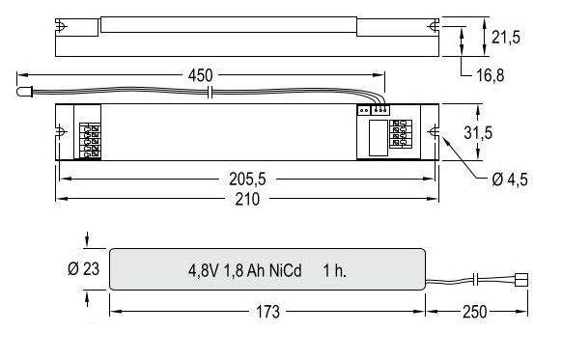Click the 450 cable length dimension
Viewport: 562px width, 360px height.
tap(200, 75)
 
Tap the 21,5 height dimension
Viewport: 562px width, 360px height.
tap(506, 37)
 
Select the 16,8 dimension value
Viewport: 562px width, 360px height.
tap(490, 75)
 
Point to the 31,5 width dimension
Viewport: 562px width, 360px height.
tap(478, 132)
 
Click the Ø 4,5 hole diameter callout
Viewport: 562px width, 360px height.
tap(510, 180)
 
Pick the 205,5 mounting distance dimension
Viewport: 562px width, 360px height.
tap(247, 180)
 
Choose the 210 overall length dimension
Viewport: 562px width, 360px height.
tap(247, 199)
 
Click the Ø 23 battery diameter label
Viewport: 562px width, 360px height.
tap(83, 268)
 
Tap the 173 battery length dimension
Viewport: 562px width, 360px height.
tap(267, 312)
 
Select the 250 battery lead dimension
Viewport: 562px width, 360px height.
tap(474, 312)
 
